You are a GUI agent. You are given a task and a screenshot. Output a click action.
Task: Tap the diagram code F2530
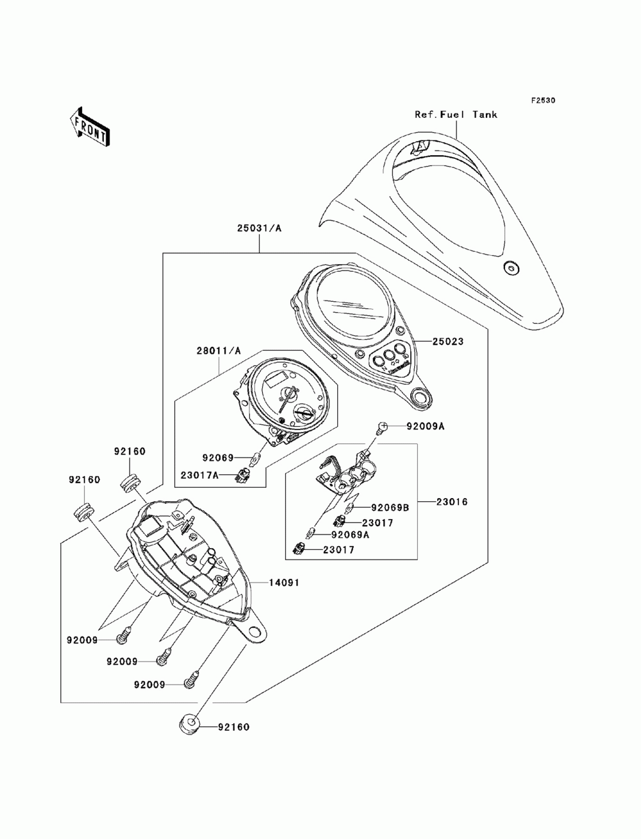[x=543, y=101]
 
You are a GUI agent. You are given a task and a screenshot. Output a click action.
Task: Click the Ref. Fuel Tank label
[x=456, y=114]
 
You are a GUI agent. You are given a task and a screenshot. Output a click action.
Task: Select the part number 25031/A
[x=259, y=228]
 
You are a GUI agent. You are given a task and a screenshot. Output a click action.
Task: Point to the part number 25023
[x=447, y=341]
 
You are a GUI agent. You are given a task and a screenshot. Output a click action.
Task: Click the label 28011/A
[x=219, y=351]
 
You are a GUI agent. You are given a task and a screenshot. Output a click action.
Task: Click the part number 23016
[x=452, y=501]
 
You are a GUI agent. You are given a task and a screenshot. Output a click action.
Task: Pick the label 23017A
[x=199, y=475]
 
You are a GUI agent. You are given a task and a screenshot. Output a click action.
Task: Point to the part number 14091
[x=284, y=583]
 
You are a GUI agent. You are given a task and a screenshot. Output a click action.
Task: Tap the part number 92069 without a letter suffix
[x=218, y=458]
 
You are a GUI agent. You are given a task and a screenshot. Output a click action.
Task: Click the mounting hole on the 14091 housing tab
[x=254, y=630]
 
